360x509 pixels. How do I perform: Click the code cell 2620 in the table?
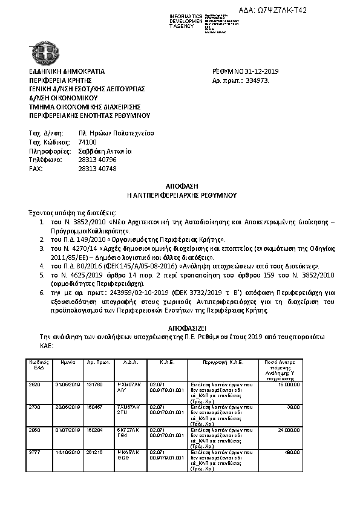click(x=34, y=384)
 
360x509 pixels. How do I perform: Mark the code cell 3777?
click(x=34, y=452)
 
